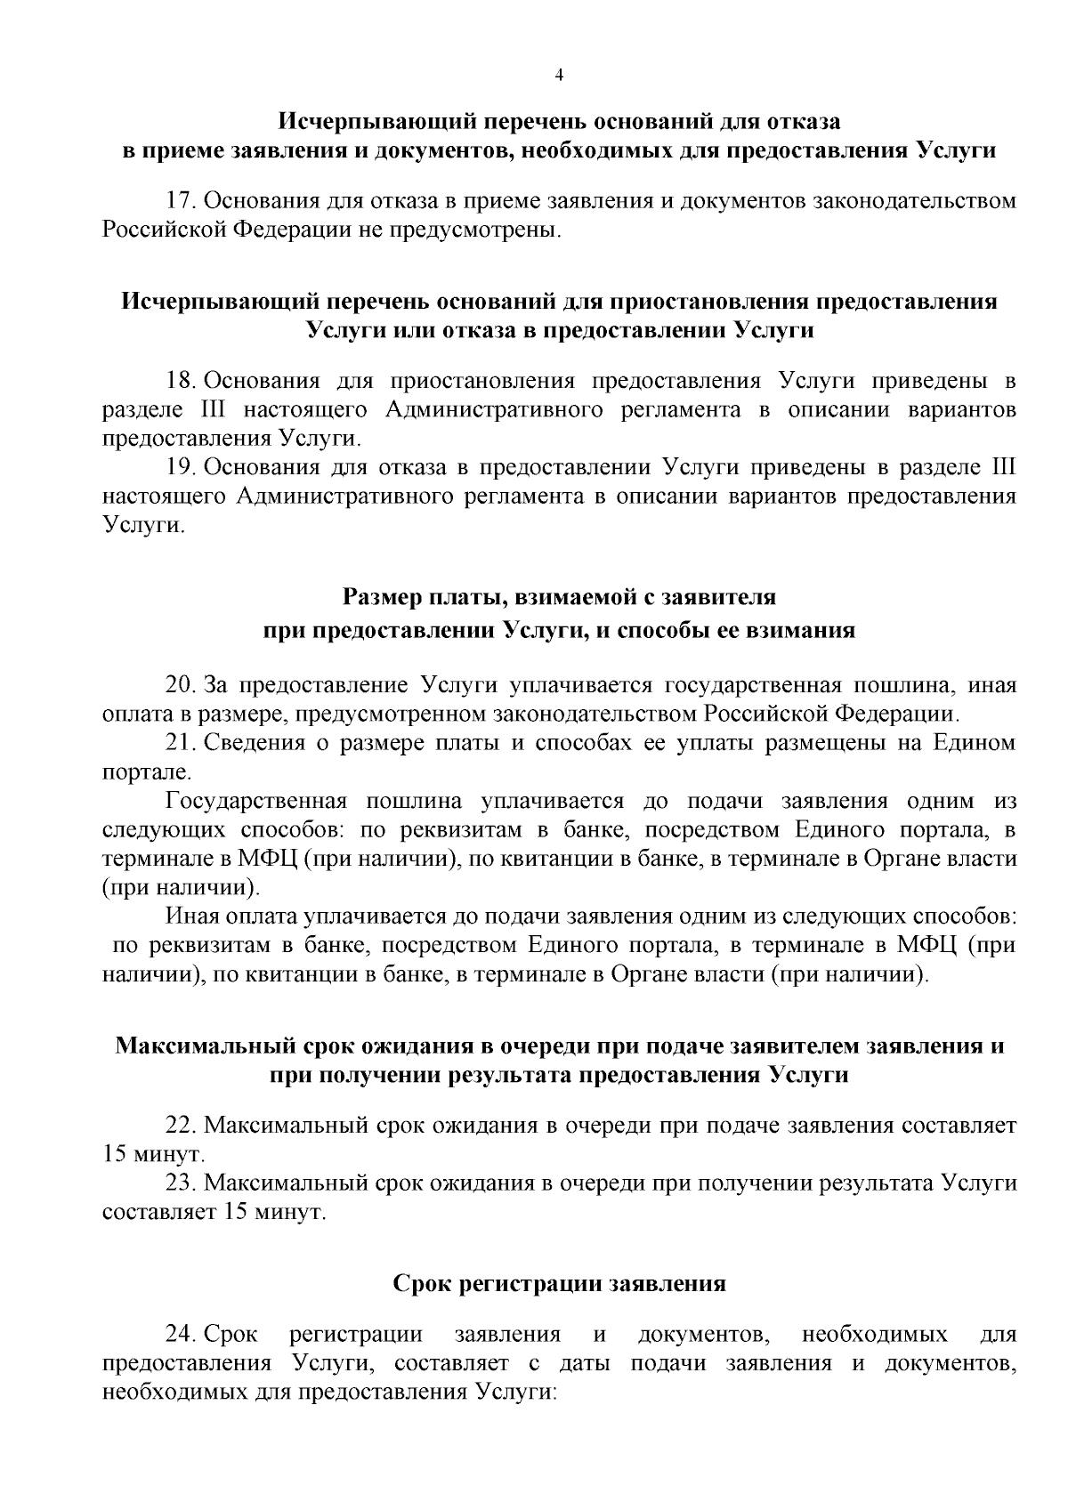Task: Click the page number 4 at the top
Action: (x=559, y=76)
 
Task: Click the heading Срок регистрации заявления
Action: (x=559, y=1283)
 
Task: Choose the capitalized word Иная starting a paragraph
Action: (x=194, y=916)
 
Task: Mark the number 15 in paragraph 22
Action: (x=116, y=1155)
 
